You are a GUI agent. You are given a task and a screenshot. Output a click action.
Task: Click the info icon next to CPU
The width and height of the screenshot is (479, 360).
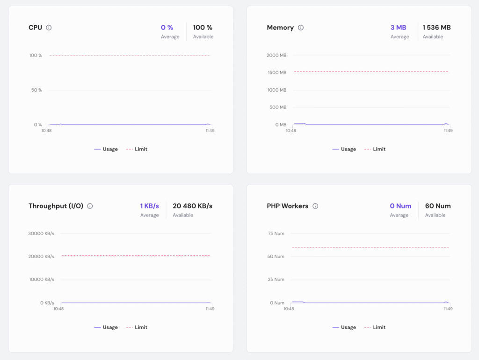pos(49,28)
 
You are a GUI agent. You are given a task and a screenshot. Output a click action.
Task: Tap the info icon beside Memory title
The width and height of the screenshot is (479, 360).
pos(301,28)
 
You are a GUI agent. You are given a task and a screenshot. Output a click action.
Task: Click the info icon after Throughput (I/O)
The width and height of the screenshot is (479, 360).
pos(90,206)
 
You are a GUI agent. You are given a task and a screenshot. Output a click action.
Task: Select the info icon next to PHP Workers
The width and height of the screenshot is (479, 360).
pos(315,206)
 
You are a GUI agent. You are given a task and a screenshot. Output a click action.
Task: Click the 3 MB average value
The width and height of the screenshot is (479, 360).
pos(399,28)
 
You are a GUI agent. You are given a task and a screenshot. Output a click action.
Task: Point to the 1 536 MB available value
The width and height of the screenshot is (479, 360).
pos(436,28)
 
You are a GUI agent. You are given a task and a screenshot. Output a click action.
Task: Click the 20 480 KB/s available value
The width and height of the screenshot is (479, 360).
pos(192,206)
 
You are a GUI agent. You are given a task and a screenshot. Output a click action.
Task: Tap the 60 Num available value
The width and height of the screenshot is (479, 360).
pos(438,206)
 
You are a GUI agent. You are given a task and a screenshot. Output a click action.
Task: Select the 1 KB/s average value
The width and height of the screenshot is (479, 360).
pos(150,206)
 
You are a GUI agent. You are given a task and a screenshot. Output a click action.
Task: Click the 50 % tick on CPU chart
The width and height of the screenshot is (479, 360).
pos(36,90)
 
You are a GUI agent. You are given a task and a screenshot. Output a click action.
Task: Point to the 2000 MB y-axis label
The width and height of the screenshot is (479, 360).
pos(276,55)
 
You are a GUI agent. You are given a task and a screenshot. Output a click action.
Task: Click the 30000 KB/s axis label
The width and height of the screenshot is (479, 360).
pos(42,233)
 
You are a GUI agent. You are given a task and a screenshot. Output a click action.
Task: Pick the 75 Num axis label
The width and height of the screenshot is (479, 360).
pos(276,233)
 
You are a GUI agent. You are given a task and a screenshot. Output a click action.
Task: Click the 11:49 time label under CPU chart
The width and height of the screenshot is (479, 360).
pos(210,130)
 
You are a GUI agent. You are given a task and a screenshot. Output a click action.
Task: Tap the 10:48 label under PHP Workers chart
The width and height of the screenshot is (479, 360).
pos(289,309)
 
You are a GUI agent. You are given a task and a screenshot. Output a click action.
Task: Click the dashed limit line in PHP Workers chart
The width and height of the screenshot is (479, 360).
pos(370,247)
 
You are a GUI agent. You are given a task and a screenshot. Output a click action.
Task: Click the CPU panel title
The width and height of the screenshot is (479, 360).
pos(35,28)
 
